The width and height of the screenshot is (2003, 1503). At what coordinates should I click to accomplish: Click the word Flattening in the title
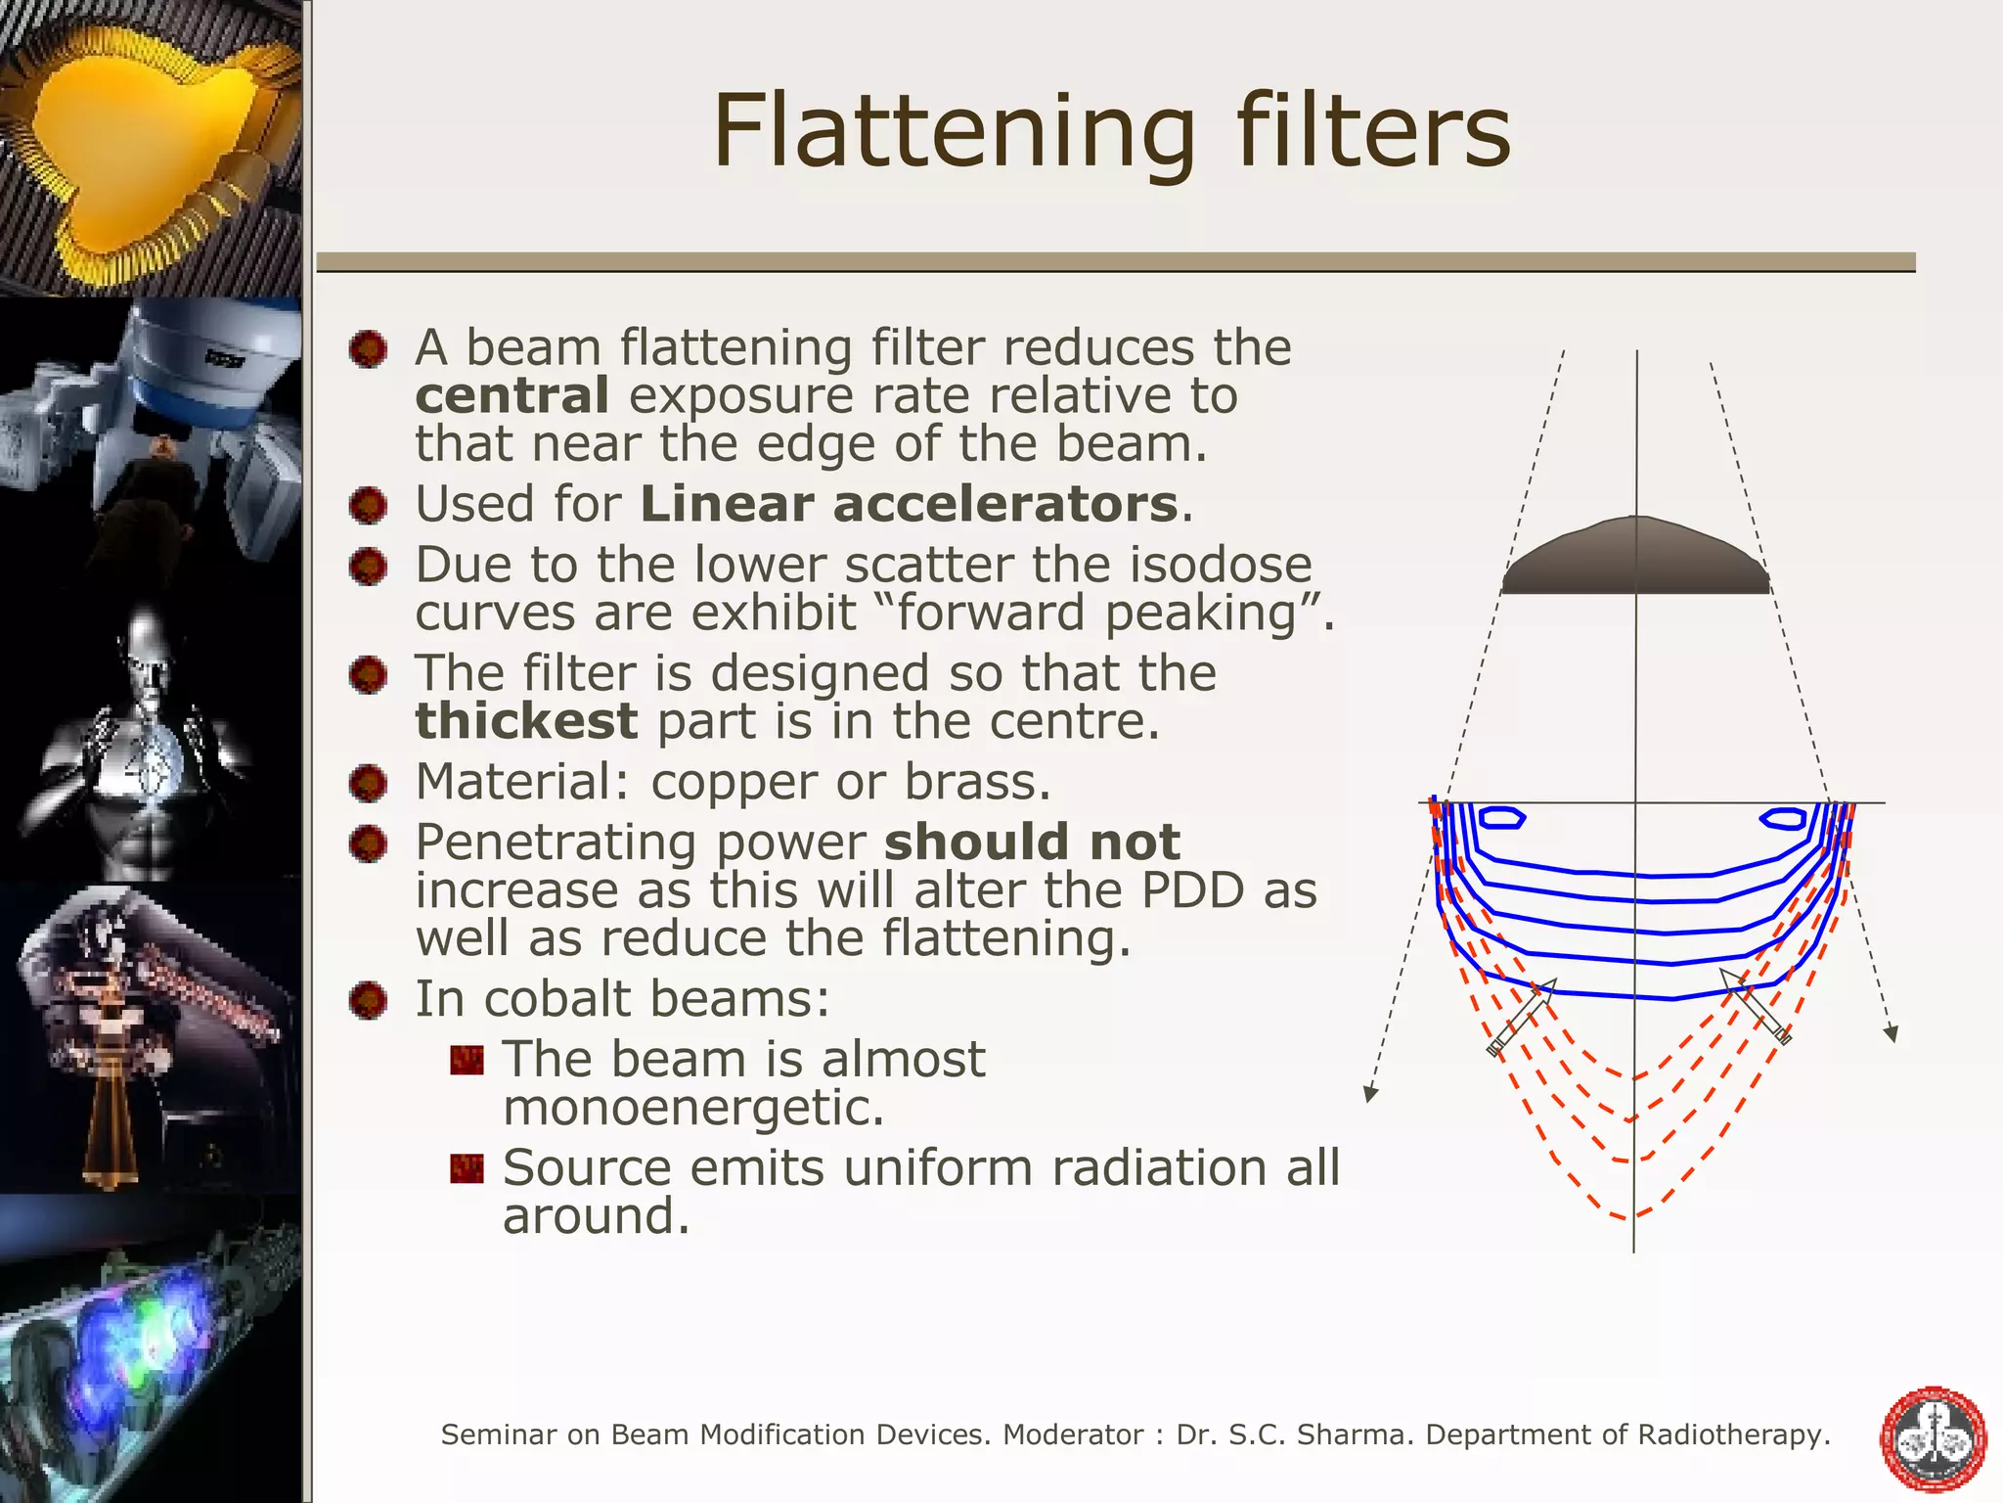pyautogui.click(x=954, y=132)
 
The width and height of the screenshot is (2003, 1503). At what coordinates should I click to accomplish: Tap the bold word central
pyautogui.click(x=512, y=396)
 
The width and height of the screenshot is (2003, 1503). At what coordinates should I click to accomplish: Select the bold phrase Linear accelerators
pyautogui.click(x=909, y=505)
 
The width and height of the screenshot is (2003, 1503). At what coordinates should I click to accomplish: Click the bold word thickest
pyautogui.click(x=526, y=722)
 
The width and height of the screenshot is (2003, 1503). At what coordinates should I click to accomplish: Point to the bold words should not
pyautogui.click(x=1032, y=843)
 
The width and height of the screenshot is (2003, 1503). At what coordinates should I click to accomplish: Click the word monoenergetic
pyautogui.click(x=693, y=1109)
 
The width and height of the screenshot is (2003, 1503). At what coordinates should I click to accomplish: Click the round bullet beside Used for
pyautogui.click(x=369, y=506)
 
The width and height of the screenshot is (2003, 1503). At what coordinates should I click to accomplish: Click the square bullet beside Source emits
pyautogui.click(x=467, y=1168)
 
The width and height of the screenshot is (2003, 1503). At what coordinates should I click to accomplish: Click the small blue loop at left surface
pyautogui.click(x=1500, y=817)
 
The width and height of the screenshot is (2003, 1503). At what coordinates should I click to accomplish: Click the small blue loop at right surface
pyautogui.click(x=1783, y=818)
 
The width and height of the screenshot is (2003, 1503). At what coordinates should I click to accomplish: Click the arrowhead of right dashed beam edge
pyautogui.click(x=1892, y=1033)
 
